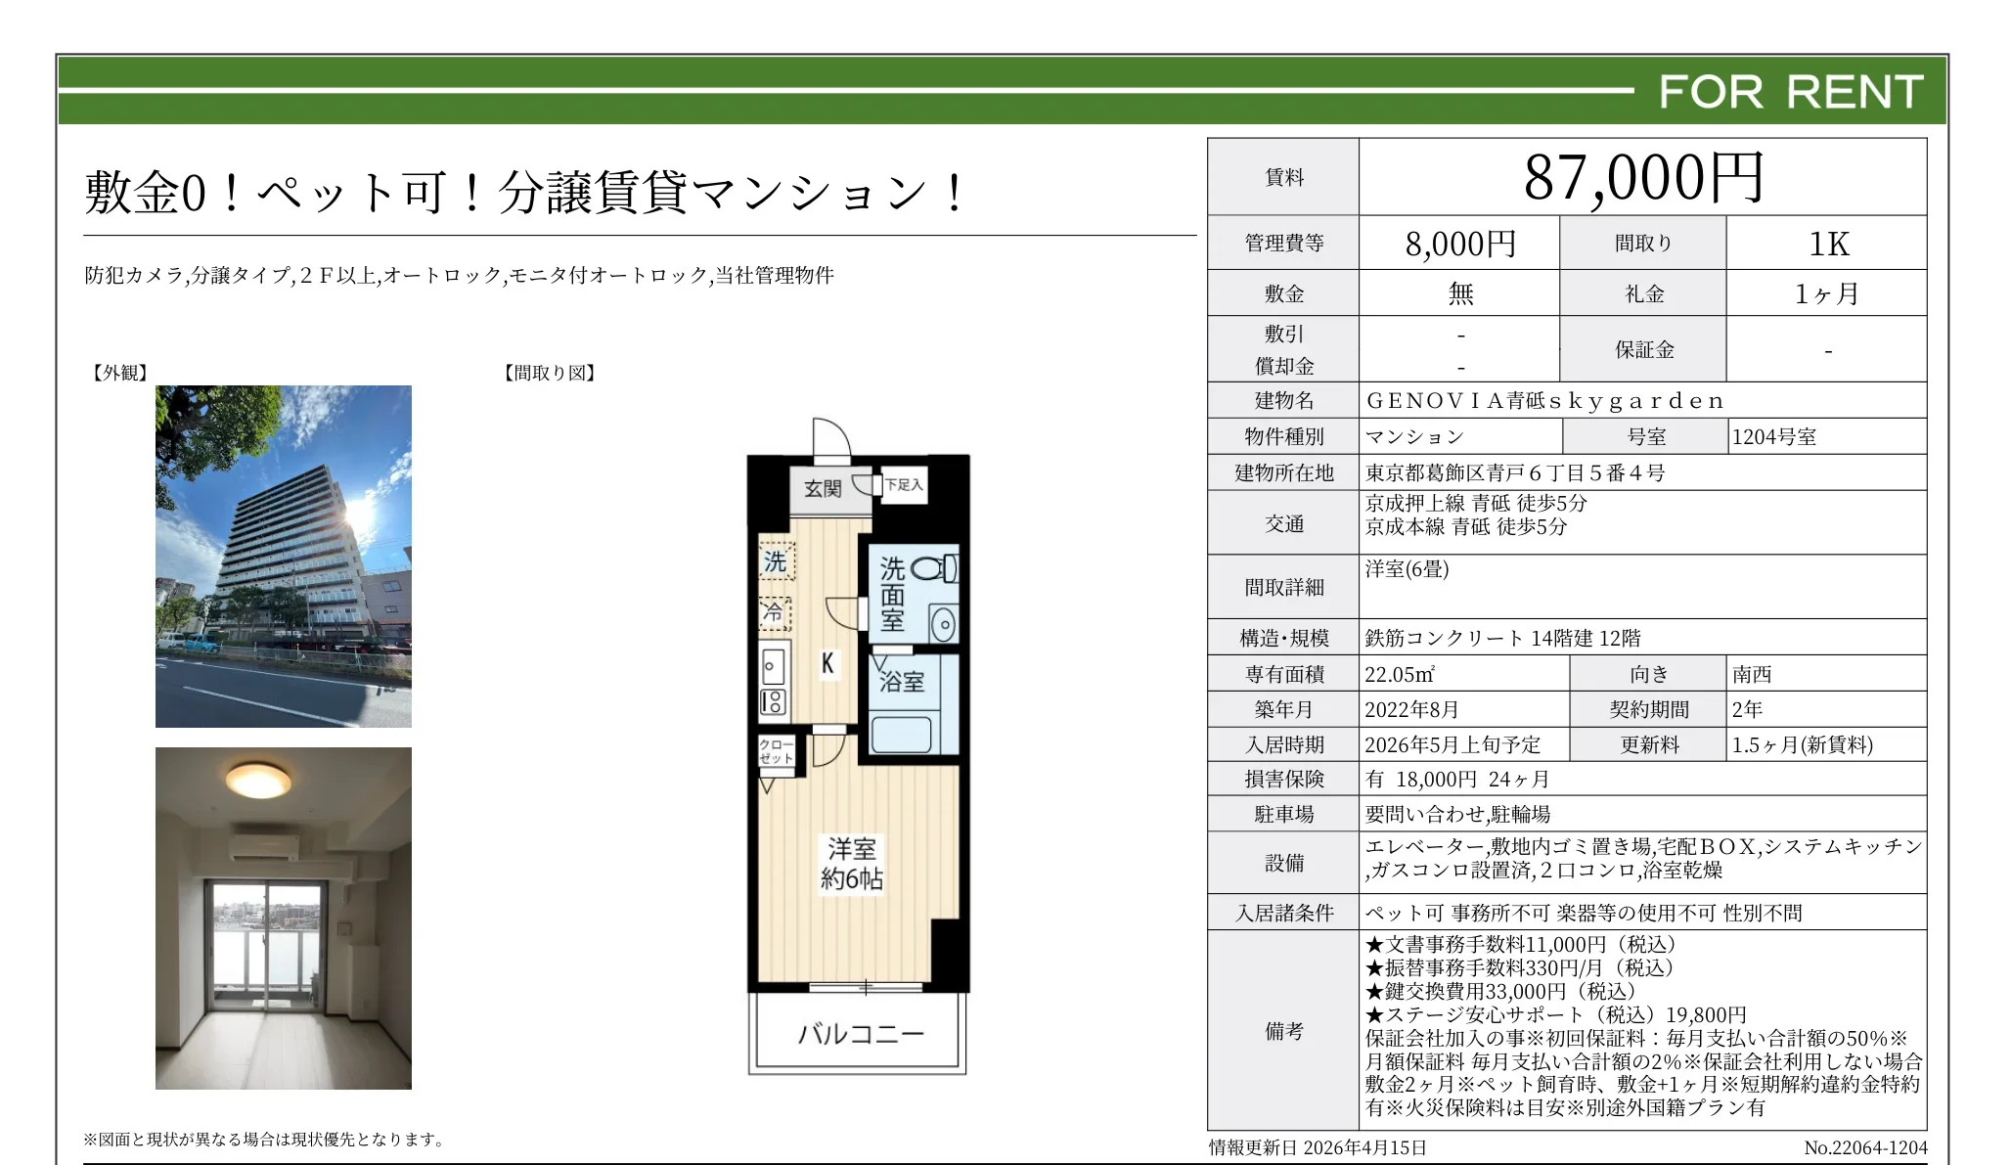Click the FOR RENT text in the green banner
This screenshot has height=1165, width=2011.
tap(1790, 92)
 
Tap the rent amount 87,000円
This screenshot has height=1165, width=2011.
tap(1643, 178)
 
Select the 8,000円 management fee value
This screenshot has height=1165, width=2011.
tap(1459, 244)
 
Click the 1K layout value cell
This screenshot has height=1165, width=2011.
tap(1827, 244)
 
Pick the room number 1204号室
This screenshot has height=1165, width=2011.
tap(1773, 437)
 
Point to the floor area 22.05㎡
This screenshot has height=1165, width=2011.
tap(1400, 674)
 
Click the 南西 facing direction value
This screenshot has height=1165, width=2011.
tap(1752, 674)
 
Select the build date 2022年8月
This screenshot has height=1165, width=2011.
tap(1411, 709)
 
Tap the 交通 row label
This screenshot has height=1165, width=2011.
tap(1283, 524)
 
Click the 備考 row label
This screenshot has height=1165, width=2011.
tap(1283, 1031)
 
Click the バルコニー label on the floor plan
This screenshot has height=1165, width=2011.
tap(860, 1034)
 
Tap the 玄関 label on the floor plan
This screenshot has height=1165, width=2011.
tap(822, 488)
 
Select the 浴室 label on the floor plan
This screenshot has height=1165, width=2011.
tap(901, 682)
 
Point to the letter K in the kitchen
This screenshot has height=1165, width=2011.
tap(827, 664)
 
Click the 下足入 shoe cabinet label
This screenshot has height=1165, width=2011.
tap(904, 484)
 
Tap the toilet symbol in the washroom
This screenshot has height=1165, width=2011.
tap(932, 569)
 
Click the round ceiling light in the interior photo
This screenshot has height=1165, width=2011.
tap(258, 780)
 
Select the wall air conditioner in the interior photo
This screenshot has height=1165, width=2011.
tap(262, 847)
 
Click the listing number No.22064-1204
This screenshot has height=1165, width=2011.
tap(1864, 1147)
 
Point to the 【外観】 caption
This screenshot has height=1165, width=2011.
tap(119, 373)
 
